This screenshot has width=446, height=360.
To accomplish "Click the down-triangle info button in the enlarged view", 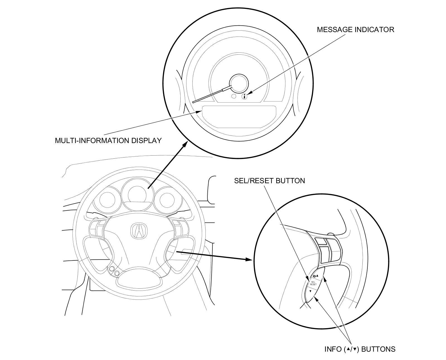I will click(x=310, y=291).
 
